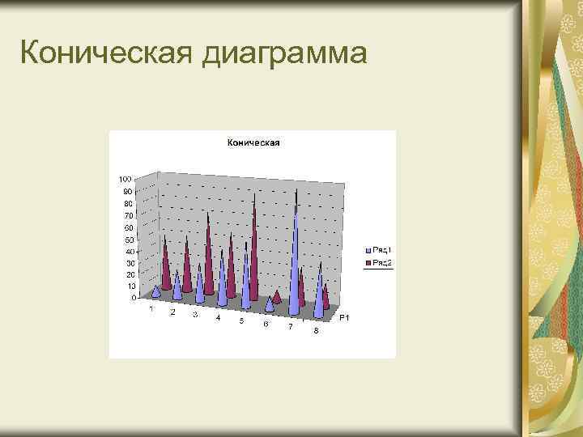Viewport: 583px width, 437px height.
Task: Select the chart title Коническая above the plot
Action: pyautogui.click(x=253, y=143)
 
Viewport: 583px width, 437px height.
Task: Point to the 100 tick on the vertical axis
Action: pyautogui.click(x=126, y=178)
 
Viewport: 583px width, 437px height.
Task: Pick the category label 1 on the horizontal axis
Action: pyautogui.click(x=151, y=308)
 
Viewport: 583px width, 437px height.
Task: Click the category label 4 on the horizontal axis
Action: pyautogui.click(x=217, y=318)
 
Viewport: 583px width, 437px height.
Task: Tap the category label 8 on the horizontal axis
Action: pyautogui.click(x=316, y=331)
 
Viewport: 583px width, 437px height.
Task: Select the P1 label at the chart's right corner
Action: pyautogui.click(x=343, y=318)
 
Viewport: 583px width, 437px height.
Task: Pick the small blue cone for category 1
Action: pyautogui.click(x=155, y=291)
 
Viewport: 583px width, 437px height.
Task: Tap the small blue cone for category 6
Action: pyautogui.click(x=270, y=305)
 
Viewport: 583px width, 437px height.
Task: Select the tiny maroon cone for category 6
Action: pyautogui.click(x=277, y=296)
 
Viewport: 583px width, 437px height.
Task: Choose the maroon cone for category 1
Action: pyautogui.click(x=166, y=263)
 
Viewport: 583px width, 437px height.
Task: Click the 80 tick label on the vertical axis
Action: pyautogui.click(x=127, y=203)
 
